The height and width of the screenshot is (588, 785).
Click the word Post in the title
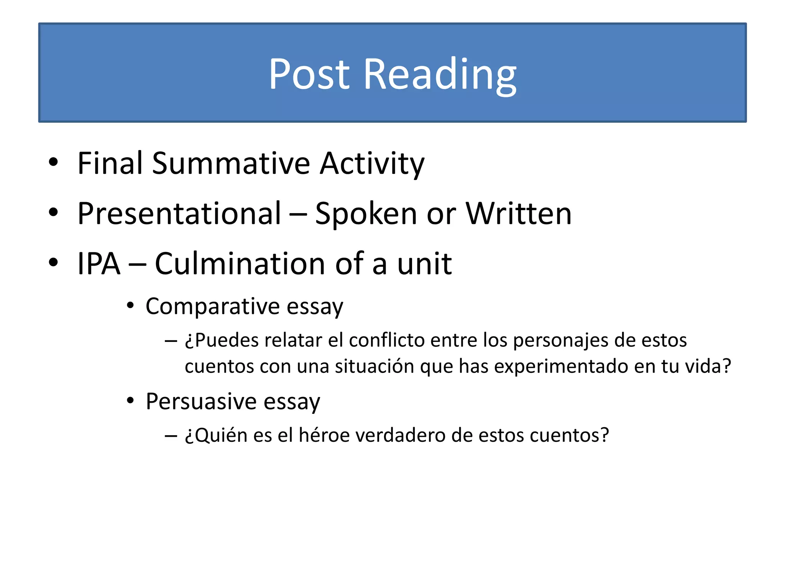pyautogui.click(x=309, y=74)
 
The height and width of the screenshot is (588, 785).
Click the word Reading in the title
pyautogui.click(x=440, y=74)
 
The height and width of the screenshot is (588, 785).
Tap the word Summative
pyautogui.click(x=231, y=163)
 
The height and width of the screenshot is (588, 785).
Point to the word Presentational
pyautogui.click(x=179, y=214)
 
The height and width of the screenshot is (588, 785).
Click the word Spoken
pyautogui.click(x=366, y=214)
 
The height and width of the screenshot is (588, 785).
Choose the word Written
pyautogui.click(x=518, y=214)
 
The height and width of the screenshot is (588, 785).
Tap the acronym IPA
pyautogui.click(x=99, y=264)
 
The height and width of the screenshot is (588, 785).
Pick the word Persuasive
pyautogui.click(x=201, y=402)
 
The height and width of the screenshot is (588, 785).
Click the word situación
pyautogui.click(x=374, y=366)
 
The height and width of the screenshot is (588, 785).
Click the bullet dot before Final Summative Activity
pyautogui.click(x=53, y=162)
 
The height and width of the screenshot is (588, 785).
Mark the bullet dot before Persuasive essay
pyautogui.click(x=130, y=401)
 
